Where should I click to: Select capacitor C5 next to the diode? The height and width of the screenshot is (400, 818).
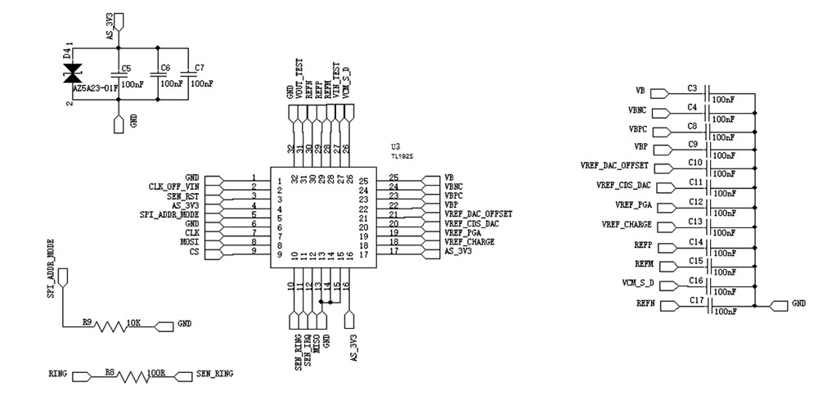coord(119,74)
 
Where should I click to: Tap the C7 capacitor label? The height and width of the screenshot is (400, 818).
coord(200,68)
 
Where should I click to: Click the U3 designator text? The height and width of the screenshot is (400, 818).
coord(397,146)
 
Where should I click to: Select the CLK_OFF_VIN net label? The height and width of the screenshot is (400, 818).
coord(173,187)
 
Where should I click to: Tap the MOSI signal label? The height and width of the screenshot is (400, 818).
coord(188,243)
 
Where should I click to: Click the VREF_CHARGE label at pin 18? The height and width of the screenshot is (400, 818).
coord(470,242)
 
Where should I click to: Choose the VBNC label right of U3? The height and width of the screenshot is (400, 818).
coord(453,187)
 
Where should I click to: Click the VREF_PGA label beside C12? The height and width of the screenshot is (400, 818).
coord(632,204)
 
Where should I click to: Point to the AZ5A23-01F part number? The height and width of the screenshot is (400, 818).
coord(96,86)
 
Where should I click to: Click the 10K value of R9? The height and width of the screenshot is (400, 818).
coord(134,323)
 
